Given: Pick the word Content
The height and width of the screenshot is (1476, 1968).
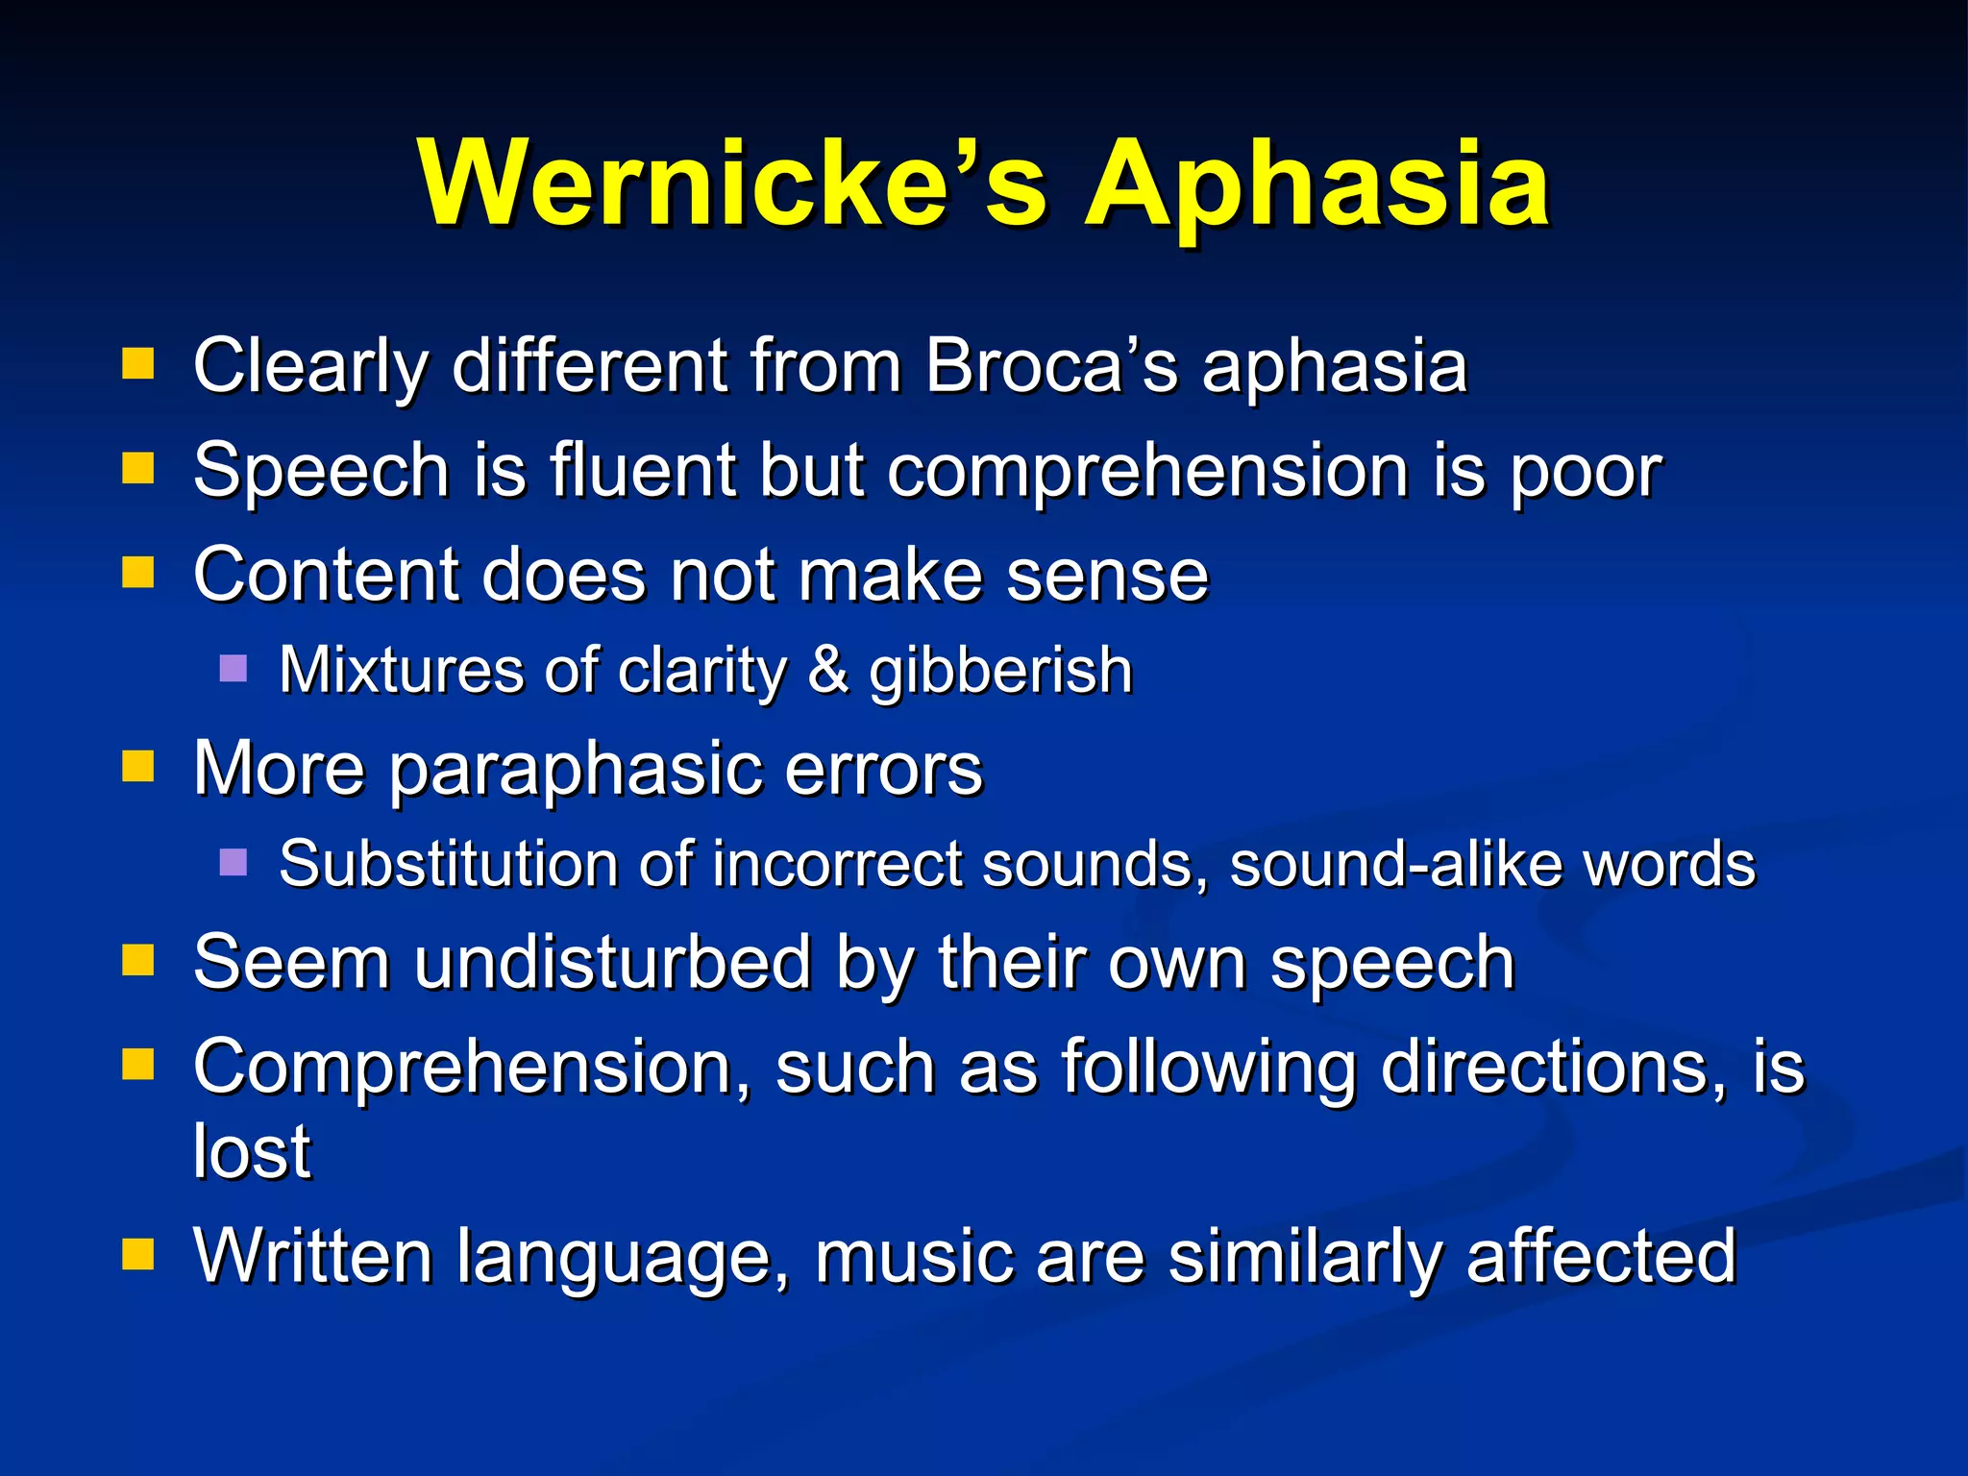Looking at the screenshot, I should tap(324, 576).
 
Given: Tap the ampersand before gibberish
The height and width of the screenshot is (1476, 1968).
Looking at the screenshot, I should tap(827, 670).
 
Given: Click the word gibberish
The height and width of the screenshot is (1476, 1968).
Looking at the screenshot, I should tap(1000, 671).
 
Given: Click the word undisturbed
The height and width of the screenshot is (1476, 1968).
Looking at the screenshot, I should tap(613, 963).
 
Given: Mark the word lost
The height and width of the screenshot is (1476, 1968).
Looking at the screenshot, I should tap(252, 1151).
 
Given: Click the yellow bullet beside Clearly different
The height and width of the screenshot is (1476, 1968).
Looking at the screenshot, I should tap(138, 365).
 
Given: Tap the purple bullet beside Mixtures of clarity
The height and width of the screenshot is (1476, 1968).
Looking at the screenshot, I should tap(234, 668).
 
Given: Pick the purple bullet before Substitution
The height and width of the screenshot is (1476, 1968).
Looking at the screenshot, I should tap(234, 862).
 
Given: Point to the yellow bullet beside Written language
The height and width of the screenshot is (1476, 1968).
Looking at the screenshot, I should tap(138, 1254).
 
